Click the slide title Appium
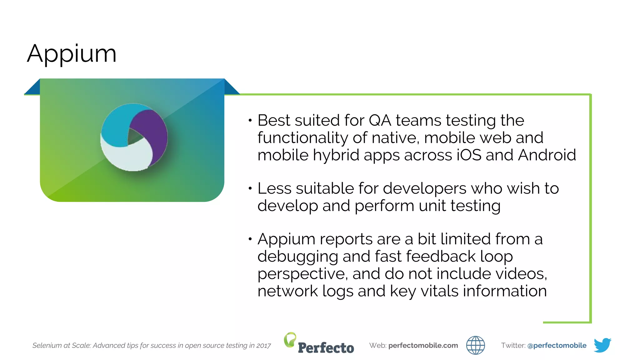tap(72, 54)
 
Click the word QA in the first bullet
tap(380, 120)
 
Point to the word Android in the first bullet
tap(547, 155)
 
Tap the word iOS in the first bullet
tap(469, 155)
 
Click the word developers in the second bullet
tap(425, 188)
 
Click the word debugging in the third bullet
tap(297, 257)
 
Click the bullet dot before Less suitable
tap(250, 188)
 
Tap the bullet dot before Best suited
tap(250, 120)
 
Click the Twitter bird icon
tap(602, 345)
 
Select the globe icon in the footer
tap(475, 345)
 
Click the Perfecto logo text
tap(326, 348)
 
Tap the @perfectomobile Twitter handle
tap(557, 345)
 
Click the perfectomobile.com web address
tap(423, 345)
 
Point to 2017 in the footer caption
tap(263, 346)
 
